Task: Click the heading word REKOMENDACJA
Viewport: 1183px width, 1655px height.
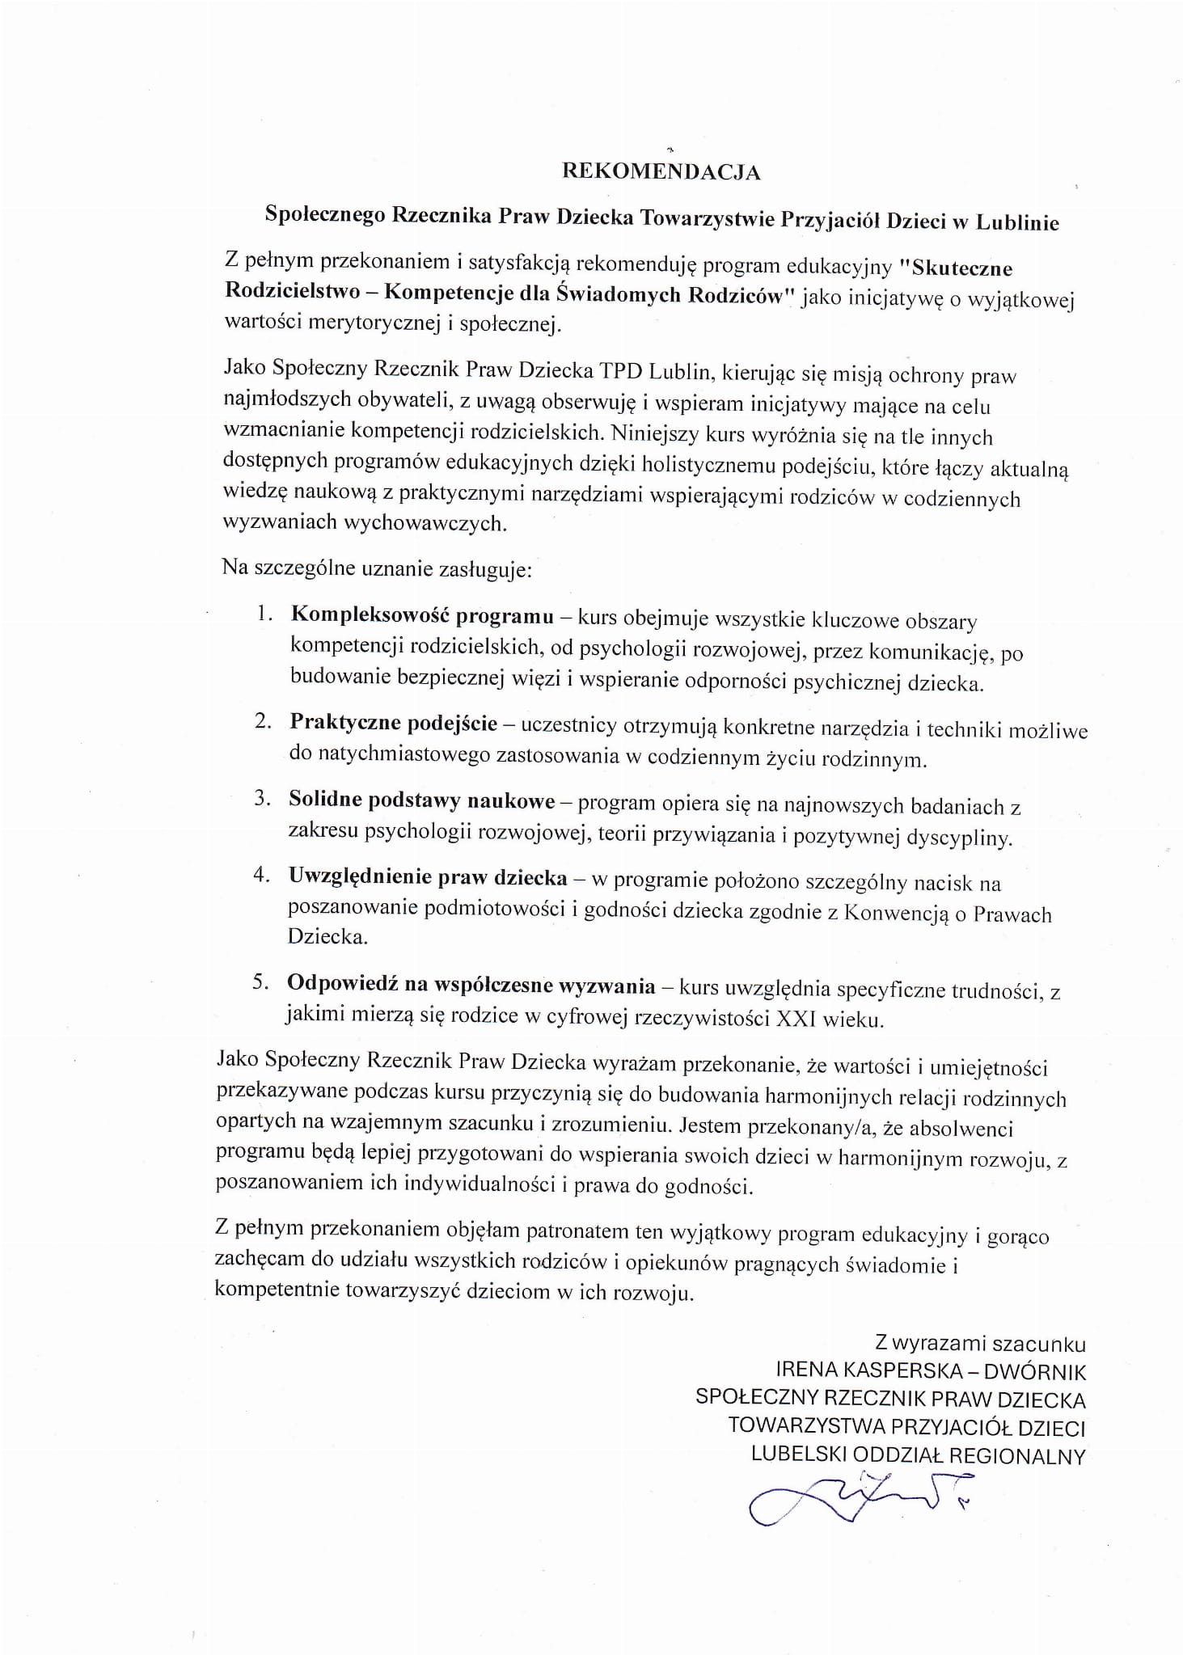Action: pos(661,172)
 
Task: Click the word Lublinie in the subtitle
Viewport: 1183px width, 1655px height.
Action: pos(1017,222)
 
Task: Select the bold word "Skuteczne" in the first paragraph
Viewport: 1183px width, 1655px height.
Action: pos(961,268)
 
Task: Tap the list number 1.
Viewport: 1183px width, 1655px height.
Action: pos(263,613)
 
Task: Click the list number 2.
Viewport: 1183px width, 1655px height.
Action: pos(262,720)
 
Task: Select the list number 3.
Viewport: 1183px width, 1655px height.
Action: pos(261,798)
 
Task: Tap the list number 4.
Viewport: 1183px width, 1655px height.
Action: pos(260,875)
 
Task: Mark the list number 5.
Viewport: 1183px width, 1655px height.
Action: pos(260,982)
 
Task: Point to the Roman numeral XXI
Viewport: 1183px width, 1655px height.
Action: pos(796,1019)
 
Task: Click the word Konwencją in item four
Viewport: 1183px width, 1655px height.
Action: pos(896,914)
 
